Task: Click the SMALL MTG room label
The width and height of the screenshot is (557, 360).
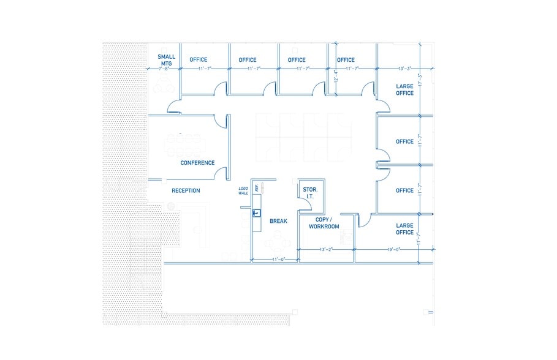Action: point(166,60)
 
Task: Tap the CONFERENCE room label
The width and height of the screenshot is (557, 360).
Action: point(197,163)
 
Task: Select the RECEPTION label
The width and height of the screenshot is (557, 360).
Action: point(186,190)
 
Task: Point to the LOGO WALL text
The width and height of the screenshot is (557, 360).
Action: point(243,191)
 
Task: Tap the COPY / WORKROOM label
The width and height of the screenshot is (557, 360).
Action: point(324,223)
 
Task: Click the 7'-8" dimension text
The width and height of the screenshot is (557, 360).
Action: point(163,69)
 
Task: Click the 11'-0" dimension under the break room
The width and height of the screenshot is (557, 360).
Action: point(279,260)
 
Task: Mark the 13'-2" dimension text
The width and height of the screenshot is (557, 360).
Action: point(326,249)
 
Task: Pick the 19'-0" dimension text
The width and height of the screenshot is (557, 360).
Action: point(393,249)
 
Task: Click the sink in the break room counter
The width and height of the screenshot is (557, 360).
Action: point(257,213)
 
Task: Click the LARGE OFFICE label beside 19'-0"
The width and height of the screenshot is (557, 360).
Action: point(404,229)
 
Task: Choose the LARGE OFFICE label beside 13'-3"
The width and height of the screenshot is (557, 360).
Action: point(404,89)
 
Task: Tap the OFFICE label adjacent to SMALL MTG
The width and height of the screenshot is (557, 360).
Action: point(199,60)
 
